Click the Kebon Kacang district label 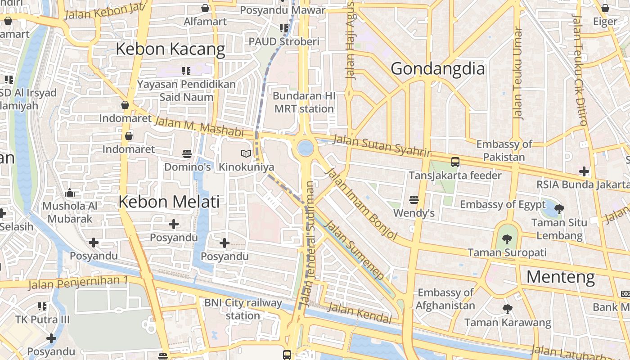coord(170,49)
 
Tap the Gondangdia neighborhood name coord(437,69)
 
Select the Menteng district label coord(560,277)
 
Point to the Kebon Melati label coord(169,202)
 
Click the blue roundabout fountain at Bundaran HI coord(305,148)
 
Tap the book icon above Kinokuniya coord(246,154)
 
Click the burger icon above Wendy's coord(414,200)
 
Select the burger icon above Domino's coord(187,154)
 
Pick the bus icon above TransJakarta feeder coord(455,162)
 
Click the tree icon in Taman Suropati coord(507,239)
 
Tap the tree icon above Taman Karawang coord(507,309)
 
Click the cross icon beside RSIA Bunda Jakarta coord(584,171)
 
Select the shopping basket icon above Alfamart coord(205,8)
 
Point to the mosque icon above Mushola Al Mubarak coord(70,193)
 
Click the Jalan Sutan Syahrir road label coord(382,145)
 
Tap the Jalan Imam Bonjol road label coord(361,203)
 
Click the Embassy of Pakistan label coord(504,151)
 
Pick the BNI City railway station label coord(243,309)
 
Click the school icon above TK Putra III coord(42,306)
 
